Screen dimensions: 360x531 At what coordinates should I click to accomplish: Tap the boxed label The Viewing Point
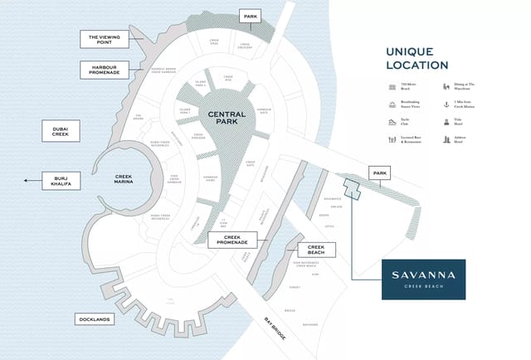(x=104, y=40)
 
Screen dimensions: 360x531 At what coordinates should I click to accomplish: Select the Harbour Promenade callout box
(x=104, y=70)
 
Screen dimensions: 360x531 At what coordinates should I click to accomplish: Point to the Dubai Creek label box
(x=60, y=132)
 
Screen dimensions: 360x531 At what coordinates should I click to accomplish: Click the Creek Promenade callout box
(x=231, y=241)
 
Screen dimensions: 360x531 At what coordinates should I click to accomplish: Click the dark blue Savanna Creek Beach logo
(x=423, y=279)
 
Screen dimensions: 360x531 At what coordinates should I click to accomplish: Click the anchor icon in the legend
(x=446, y=105)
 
